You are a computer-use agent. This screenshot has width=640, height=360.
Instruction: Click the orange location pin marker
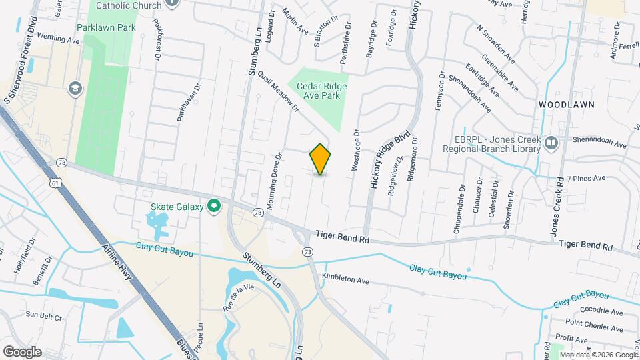coord(321,159)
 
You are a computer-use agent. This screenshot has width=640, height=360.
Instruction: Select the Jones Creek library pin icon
coord(551,142)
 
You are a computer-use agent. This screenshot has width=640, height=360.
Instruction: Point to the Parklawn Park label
coord(106,28)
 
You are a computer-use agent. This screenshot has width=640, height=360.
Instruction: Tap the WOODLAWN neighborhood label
coord(566,105)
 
